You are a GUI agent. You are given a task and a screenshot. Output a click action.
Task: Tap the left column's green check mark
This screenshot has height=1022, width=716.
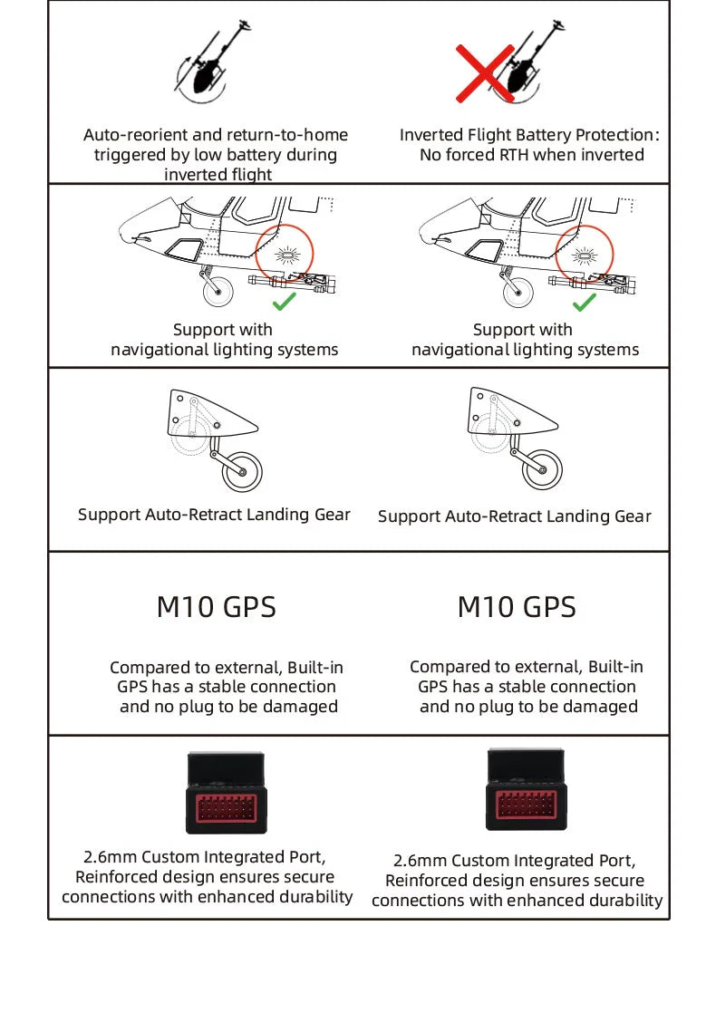[x=284, y=301]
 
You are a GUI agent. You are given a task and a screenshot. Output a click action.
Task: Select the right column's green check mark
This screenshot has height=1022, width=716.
[x=585, y=302]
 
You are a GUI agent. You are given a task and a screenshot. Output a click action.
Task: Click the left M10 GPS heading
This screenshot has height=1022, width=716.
[x=216, y=607]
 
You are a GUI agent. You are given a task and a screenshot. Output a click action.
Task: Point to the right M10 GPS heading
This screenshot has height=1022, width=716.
[x=517, y=607]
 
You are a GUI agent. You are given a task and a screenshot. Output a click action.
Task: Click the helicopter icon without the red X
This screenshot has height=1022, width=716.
[x=214, y=63]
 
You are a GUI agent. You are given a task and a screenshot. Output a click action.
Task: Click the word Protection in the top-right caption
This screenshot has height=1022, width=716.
[x=613, y=135]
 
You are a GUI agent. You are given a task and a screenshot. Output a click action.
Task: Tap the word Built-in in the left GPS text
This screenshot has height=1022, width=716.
[x=315, y=668]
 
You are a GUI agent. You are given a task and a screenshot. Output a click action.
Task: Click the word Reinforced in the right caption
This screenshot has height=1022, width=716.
[x=423, y=881]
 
